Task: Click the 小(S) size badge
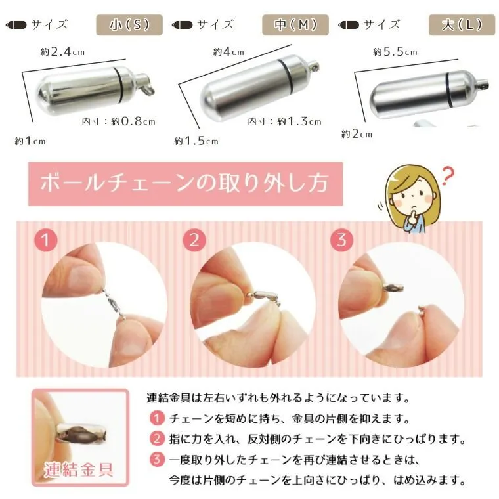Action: click(x=129, y=25)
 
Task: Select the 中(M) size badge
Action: click(x=295, y=25)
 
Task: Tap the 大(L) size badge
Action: click(x=462, y=25)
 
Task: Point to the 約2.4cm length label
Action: click(x=62, y=52)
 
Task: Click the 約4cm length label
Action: click(x=228, y=52)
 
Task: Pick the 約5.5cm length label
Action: click(x=395, y=52)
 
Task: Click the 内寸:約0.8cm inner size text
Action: click(x=118, y=121)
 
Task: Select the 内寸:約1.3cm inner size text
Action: click(x=284, y=121)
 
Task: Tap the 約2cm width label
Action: click(x=357, y=134)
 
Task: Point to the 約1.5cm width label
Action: click(x=196, y=141)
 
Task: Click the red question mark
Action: click(x=448, y=176)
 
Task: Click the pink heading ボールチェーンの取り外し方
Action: click(x=185, y=184)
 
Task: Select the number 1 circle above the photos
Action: click(x=46, y=240)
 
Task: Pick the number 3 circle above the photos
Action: click(x=341, y=240)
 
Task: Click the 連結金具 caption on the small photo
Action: click(x=78, y=469)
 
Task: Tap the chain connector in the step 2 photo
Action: click(x=265, y=295)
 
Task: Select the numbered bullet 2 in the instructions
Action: click(x=157, y=439)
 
